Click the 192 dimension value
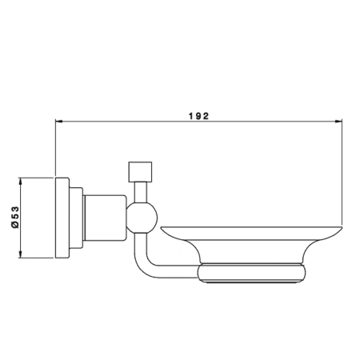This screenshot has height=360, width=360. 199,116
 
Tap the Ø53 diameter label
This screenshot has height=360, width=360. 15,217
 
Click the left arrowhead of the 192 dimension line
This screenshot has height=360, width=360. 58,122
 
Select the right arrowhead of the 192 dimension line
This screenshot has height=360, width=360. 338,122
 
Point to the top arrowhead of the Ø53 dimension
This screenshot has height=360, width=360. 20,182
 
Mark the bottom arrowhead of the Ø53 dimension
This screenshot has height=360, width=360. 20,254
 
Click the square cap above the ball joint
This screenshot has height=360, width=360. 140,172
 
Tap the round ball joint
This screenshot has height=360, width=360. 142,218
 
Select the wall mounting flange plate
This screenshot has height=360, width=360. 62,218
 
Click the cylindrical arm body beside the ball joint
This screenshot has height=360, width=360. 105,218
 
